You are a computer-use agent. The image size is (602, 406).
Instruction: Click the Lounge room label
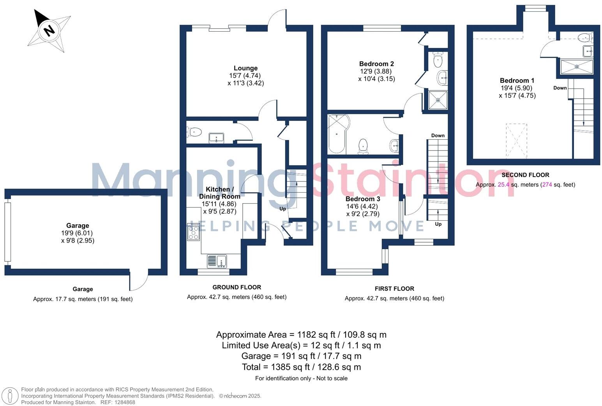(x=245, y=68)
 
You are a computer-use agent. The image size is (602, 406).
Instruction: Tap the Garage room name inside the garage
(x=78, y=225)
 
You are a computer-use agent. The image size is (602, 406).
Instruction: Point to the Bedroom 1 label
(x=517, y=81)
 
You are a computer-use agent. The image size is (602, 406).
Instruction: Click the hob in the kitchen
(x=193, y=232)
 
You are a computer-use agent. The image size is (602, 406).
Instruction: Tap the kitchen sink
(x=217, y=261)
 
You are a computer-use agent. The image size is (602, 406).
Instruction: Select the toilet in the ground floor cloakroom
(x=194, y=132)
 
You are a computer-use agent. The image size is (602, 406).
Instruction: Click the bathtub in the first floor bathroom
(x=336, y=133)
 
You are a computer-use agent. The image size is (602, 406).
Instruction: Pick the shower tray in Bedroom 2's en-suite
(x=438, y=100)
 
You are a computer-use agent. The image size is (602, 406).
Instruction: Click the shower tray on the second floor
(x=576, y=67)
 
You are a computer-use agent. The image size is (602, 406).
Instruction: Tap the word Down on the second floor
(x=560, y=88)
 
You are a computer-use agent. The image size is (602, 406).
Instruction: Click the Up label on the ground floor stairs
(x=282, y=209)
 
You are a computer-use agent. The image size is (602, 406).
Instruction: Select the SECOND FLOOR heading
(x=525, y=175)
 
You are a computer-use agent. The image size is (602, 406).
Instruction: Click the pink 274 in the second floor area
(x=547, y=184)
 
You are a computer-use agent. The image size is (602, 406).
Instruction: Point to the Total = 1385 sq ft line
(x=301, y=367)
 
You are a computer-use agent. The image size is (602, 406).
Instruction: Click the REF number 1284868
(x=123, y=402)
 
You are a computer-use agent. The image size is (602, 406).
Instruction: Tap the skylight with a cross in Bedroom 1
(x=516, y=141)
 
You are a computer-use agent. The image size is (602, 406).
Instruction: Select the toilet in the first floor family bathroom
(x=363, y=145)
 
